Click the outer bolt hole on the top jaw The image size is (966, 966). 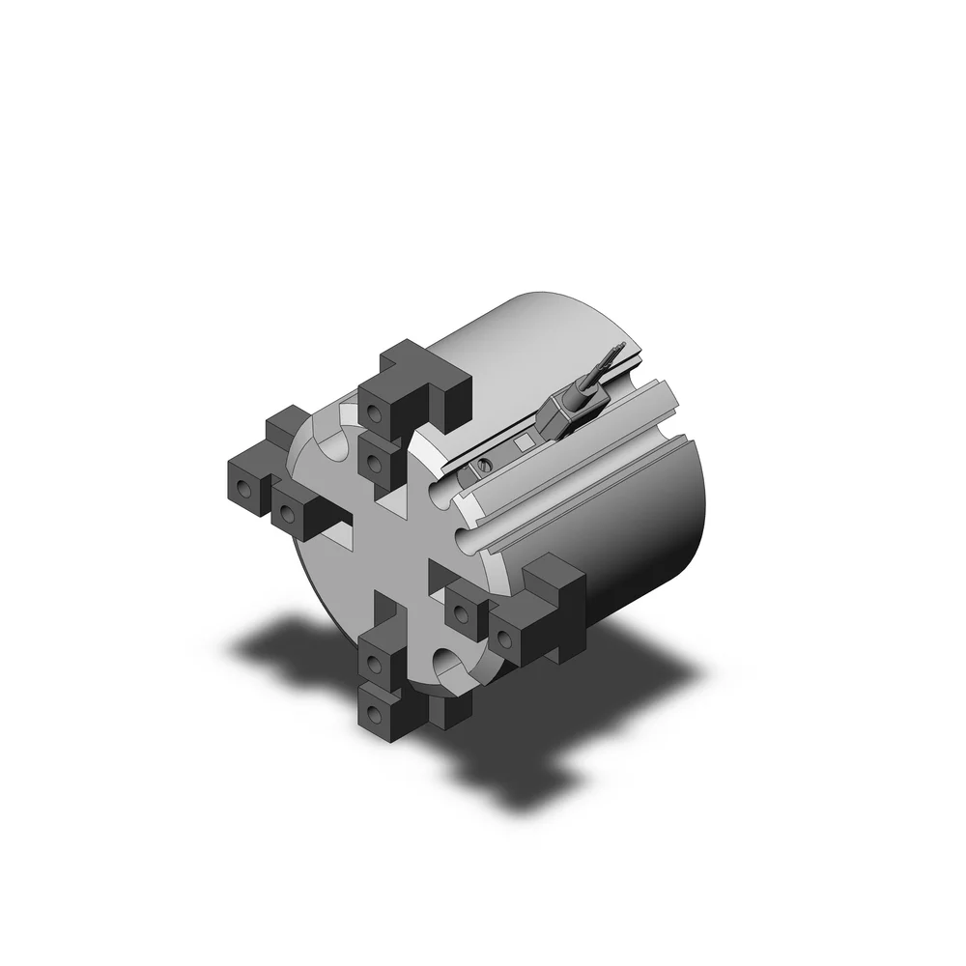[x=375, y=414]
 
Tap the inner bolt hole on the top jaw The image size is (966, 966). [x=378, y=457]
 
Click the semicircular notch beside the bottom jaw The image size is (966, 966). [x=450, y=665]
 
